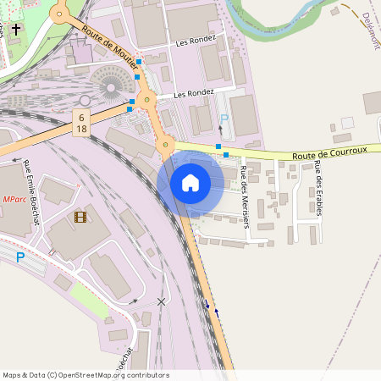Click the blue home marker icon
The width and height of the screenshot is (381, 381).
tap(190, 182)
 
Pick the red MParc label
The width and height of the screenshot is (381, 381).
tap(14, 200)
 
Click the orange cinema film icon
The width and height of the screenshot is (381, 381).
tap(80, 218)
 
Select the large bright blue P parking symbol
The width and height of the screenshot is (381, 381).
tap(20, 257)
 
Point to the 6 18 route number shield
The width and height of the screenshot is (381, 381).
tap(81, 122)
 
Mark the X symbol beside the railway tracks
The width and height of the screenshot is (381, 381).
tap(161, 301)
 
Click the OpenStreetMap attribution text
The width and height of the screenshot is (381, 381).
tap(86, 375)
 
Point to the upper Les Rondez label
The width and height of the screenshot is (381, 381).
tap(196, 41)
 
